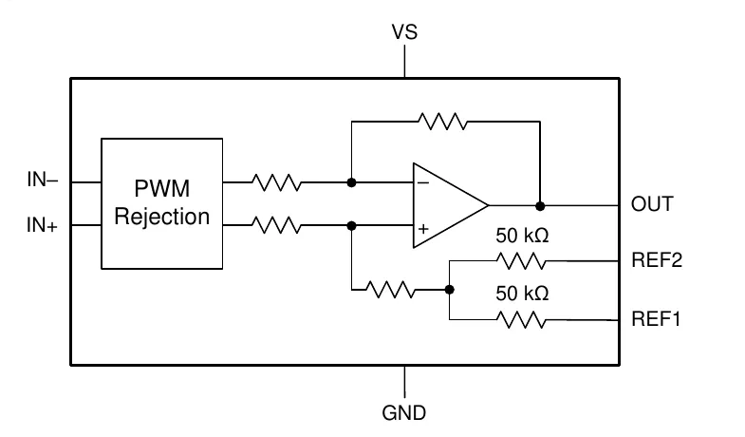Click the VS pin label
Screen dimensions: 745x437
click(404, 32)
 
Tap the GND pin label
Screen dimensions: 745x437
click(404, 412)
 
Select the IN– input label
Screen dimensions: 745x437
click(43, 180)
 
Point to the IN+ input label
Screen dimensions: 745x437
click(42, 225)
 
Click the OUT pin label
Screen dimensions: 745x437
click(652, 204)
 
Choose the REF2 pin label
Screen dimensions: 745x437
click(657, 260)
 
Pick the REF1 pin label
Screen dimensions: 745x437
click(656, 318)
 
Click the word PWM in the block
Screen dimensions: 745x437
click(162, 188)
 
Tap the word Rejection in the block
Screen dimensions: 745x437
click(162, 217)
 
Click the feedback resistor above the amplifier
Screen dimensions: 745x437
click(443, 122)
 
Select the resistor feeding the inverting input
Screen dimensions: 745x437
click(276, 182)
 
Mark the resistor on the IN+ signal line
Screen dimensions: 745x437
click(276, 225)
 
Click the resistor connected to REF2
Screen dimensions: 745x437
click(521, 261)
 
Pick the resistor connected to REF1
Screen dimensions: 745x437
click(521, 319)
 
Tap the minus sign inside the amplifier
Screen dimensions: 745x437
click(423, 182)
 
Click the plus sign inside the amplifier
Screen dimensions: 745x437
click(423, 229)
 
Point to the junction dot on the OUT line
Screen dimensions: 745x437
click(540, 206)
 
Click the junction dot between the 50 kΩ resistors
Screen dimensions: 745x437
click(450, 290)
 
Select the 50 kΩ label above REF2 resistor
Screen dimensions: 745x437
click(522, 236)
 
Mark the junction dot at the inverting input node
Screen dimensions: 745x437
click(351, 182)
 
